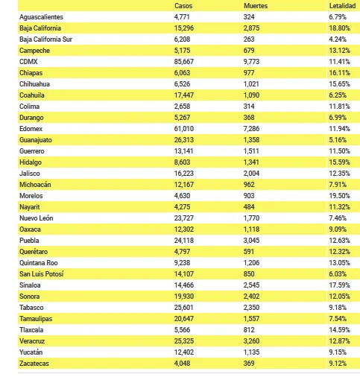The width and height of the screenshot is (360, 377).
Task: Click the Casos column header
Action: coord(183,6)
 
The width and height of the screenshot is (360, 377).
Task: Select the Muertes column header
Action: coord(256,6)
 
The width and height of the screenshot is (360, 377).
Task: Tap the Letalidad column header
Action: coord(342,6)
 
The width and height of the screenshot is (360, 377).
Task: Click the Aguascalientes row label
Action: coord(41,17)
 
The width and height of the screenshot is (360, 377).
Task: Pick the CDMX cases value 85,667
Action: coord(184,62)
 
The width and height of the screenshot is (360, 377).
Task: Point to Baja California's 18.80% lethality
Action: coord(339,28)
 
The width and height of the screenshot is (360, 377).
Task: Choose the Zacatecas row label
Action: coord(34,364)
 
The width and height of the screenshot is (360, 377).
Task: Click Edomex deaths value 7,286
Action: coord(251,129)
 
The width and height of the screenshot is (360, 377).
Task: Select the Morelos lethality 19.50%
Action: coord(339,196)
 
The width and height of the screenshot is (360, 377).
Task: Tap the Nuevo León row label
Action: coord(37,218)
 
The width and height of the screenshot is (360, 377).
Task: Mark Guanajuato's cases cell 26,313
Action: coord(184,140)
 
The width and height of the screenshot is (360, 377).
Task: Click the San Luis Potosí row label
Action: coord(42,274)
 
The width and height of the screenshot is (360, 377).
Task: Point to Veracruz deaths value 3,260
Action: coord(251,341)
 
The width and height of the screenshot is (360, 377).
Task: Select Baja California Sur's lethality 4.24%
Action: coord(338,39)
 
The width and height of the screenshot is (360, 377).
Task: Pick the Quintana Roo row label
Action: coord(39,263)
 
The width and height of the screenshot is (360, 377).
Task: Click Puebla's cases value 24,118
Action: coord(184,241)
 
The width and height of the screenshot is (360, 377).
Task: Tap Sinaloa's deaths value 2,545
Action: coord(251,285)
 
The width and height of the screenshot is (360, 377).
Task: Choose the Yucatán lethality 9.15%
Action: coord(338,352)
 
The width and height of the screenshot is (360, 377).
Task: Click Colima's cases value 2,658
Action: coord(182,107)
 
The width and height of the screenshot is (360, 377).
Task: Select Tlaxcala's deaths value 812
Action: coord(249,330)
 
